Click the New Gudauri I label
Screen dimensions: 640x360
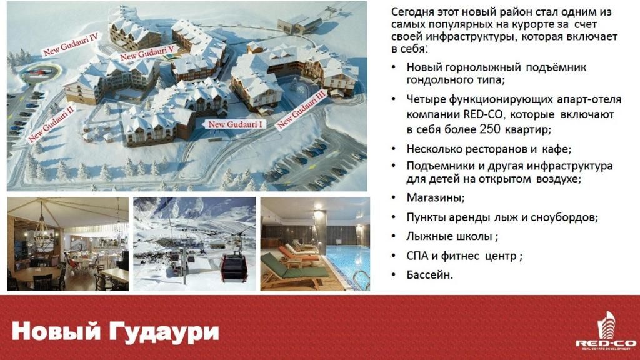click(236, 124)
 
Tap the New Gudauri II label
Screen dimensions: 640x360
click(51, 124)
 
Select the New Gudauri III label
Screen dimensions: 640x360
click(302, 109)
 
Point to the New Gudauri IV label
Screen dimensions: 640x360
click(71, 45)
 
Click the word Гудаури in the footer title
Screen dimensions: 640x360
click(164, 332)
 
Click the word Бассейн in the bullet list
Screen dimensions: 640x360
click(429, 275)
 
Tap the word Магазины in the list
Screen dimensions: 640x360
click(435, 198)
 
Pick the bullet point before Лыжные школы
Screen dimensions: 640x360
click(394, 237)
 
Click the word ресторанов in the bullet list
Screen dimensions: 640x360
click(497, 149)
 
